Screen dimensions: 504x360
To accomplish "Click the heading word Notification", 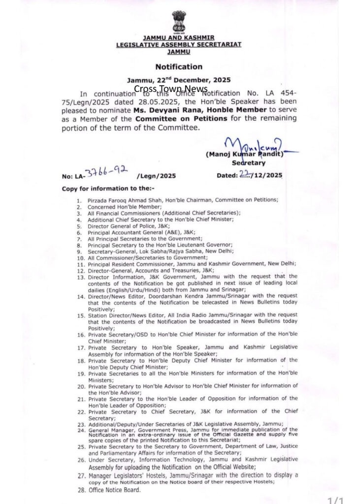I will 179,66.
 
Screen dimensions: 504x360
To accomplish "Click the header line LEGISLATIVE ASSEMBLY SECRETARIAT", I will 178,44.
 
